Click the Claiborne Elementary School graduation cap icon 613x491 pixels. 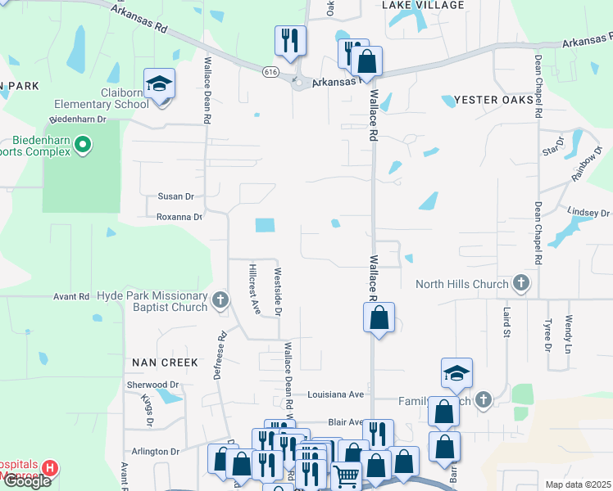coord(159,83)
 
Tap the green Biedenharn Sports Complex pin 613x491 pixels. coord(82,146)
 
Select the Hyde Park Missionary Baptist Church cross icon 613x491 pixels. coord(220,301)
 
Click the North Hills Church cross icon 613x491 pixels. coord(520,284)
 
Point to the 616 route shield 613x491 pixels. coord(271,72)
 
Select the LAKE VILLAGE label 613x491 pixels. coord(423,6)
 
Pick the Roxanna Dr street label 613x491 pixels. coord(179,217)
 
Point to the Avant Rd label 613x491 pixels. coord(71,297)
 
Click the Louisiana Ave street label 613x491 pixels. coord(335,394)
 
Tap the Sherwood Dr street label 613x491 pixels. coord(153,385)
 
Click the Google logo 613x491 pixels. coord(26,480)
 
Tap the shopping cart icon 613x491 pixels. coord(347,474)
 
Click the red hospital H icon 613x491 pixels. coord(50,469)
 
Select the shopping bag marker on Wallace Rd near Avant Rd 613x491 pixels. coord(379,318)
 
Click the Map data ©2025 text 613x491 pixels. coord(578,484)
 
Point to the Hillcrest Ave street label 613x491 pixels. coord(254,289)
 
